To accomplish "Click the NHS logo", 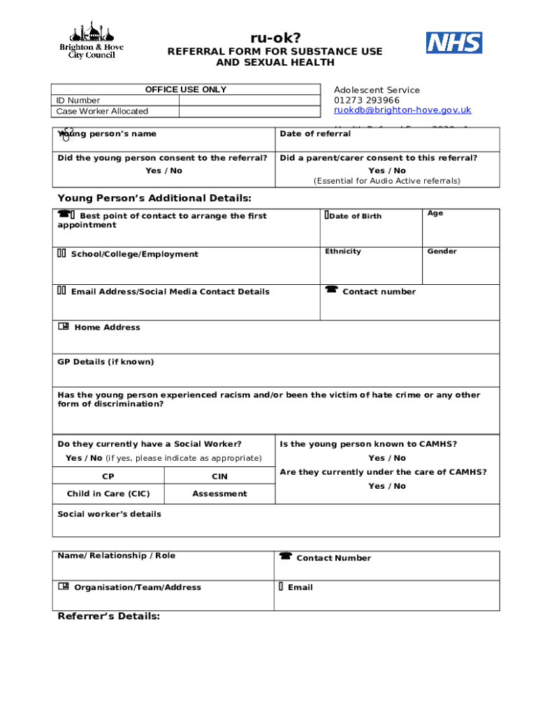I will point(454,43).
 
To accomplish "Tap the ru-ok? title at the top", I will point(275,38).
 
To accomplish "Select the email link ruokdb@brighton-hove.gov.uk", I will point(402,110).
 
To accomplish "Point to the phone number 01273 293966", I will point(367,100).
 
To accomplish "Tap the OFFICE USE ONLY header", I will point(185,89).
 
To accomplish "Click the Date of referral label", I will point(315,134).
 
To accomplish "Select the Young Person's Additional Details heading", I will point(154,198).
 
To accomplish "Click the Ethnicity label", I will point(342,251).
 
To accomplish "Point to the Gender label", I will point(442,251).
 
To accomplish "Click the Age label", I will point(435,214).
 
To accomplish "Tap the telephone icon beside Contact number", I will point(331,290).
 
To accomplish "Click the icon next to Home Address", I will point(64,326).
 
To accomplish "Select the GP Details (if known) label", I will point(106,362).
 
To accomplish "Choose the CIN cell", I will point(219,476).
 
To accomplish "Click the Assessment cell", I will point(219,494).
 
